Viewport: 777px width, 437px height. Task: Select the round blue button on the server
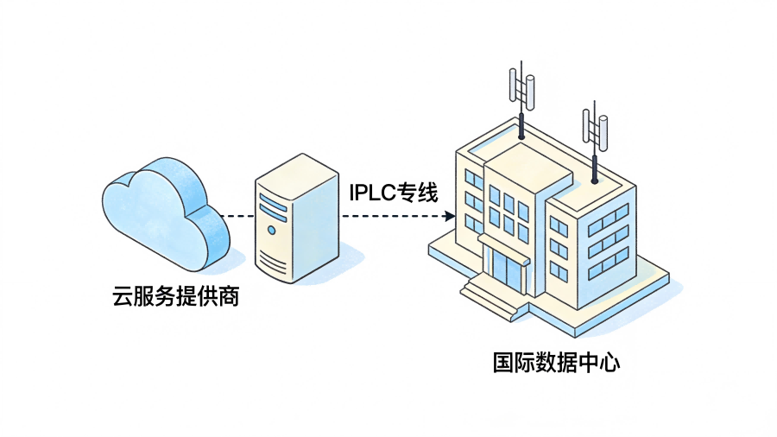coord(272,231)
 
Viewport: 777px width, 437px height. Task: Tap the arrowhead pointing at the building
coord(448,215)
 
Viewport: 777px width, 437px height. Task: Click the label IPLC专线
coord(393,192)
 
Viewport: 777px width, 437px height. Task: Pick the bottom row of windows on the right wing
coord(608,264)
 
